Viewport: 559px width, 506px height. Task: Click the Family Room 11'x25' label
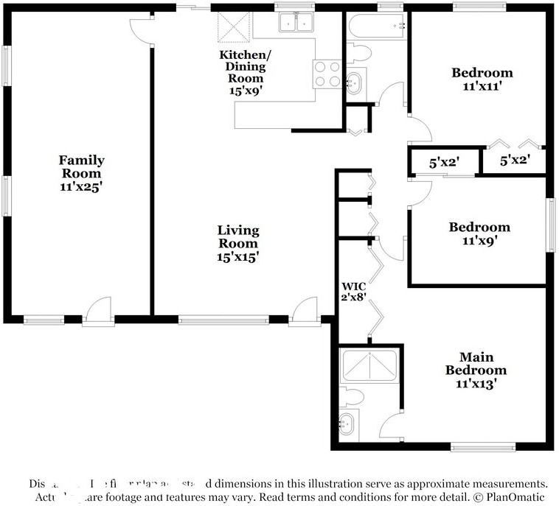pos(81,173)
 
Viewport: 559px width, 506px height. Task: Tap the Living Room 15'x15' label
pos(237,244)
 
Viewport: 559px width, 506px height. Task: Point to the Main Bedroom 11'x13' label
pos(476,370)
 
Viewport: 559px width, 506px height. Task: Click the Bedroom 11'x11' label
pos(482,80)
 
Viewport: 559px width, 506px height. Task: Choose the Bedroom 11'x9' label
pos(479,233)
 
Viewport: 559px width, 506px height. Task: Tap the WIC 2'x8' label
pos(353,292)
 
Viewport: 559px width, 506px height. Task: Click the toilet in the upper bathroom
pos(358,52)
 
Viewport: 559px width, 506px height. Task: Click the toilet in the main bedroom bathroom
pos(352,398)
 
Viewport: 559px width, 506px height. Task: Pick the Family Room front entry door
pos(97,312)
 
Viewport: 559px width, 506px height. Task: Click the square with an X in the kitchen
pos(235,29)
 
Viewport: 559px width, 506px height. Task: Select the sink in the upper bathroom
pos(355,82)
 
